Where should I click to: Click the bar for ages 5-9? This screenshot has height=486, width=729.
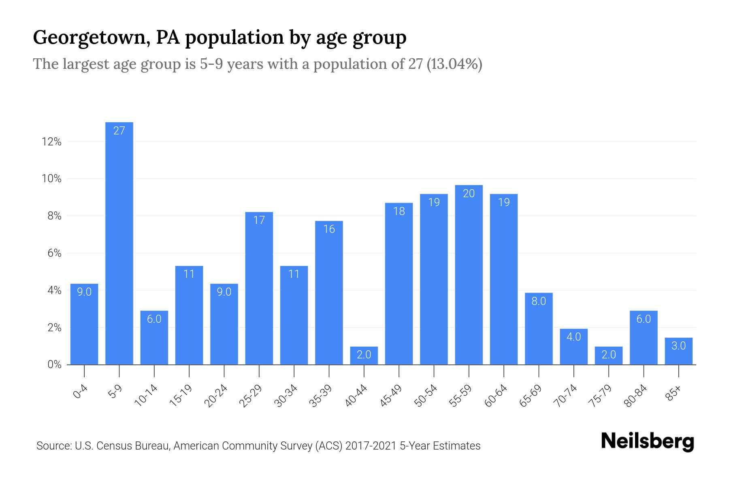pyautogui.click(x=119, y=243)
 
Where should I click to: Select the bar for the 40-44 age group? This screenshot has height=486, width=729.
pyautogui.click(x=364, y=356)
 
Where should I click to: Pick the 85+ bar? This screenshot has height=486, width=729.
pyautogui.click(x=678, y=351)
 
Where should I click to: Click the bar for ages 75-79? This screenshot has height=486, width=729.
pyautogui.click(x=608, y=356)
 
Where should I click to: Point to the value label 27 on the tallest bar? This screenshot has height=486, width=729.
pyautogui.click(x=119, y=130)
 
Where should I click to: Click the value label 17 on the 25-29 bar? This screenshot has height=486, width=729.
pyautogui.click(x=259, y=220)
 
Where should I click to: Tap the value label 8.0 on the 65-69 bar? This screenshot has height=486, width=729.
pyautogui.click(x=539, y=301)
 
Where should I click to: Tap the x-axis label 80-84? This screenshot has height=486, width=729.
pyautogui.click(x=636, y=396)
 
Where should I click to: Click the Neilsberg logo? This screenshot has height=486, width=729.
pyautogui.click(x=647, y=441)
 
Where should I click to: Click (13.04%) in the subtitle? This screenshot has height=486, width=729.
pyautogui.click(x=454, y=64)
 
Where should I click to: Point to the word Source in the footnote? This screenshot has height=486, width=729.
pyautogui.click(x=53, y=446)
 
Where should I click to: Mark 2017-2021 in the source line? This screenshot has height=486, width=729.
pyautogui.click(x=371, y=446)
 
